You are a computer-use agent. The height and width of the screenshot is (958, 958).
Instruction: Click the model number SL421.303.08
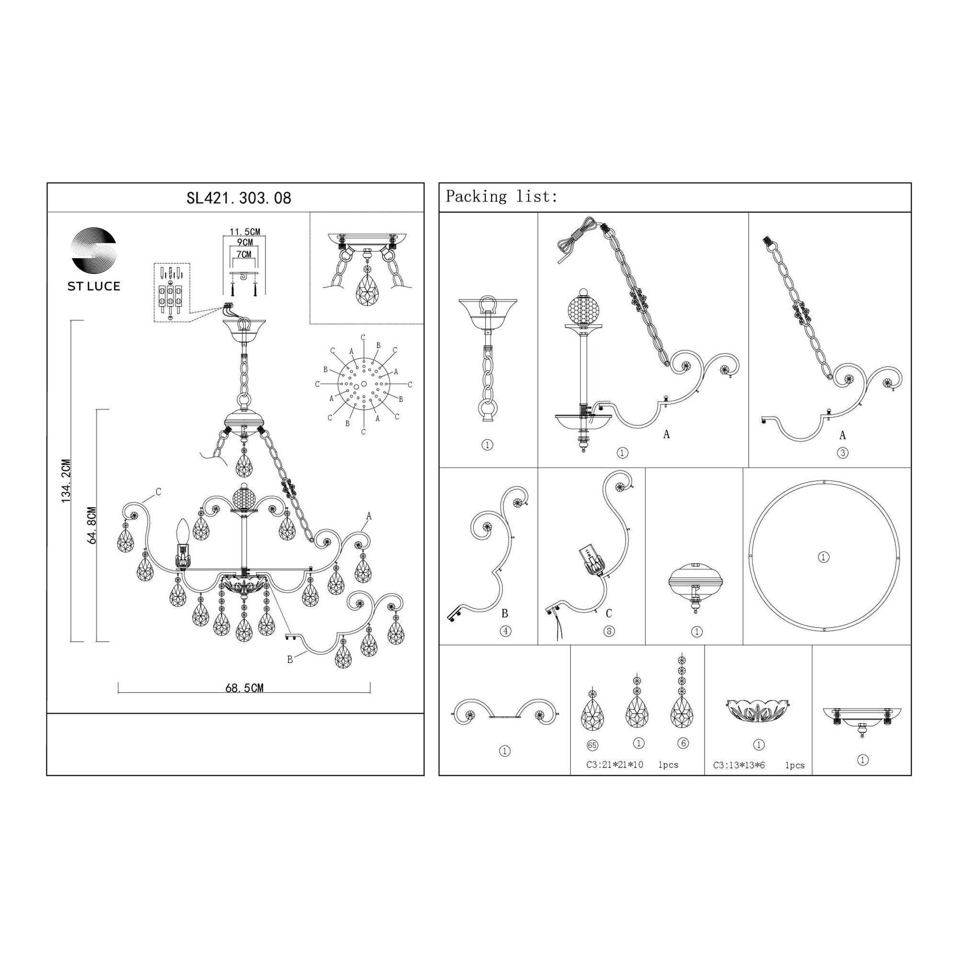pos(239,198)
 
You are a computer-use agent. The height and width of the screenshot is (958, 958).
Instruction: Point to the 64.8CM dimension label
pos(91,526)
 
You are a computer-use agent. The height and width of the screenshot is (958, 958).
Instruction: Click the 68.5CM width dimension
pos(244,688)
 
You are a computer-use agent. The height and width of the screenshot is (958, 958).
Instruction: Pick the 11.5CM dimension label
pos(244,231)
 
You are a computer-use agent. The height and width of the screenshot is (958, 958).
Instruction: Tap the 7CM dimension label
pos(243,254)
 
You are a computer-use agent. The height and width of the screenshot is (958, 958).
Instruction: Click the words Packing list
pos(502,197)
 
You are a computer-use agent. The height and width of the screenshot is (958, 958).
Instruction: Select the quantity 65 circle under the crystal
pos(592,745)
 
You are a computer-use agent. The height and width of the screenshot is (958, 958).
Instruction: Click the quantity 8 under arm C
pos(609,631)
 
